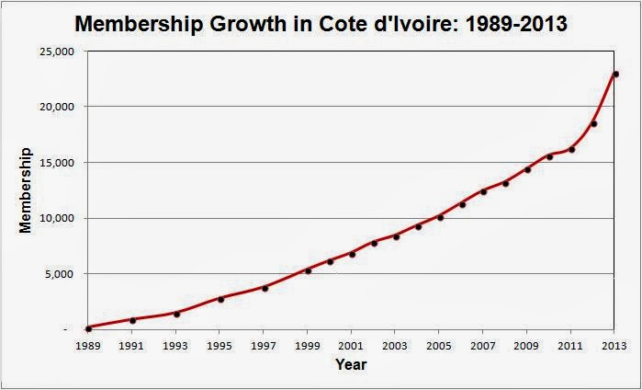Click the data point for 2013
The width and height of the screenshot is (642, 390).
tap(615, 74)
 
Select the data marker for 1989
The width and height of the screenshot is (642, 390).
tap(88, 327)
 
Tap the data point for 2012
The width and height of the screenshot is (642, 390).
tap(593, 123)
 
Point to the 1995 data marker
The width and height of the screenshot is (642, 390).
tap(220, 299)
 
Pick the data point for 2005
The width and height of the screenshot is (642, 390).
tap(440, 217)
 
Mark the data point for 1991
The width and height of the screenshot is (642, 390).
tap(132, 320)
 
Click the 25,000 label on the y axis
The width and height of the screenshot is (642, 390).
tap(60, 52)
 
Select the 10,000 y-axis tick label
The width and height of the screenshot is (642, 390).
tap(60, 218)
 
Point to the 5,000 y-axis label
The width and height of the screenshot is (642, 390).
tap(63, 274)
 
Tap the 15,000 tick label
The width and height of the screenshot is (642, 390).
tap(60, 163)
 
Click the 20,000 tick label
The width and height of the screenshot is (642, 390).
tap(60, 107)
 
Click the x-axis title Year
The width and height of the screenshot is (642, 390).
tap(352, 365)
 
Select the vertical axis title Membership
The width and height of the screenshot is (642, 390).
tap(27, 189)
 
